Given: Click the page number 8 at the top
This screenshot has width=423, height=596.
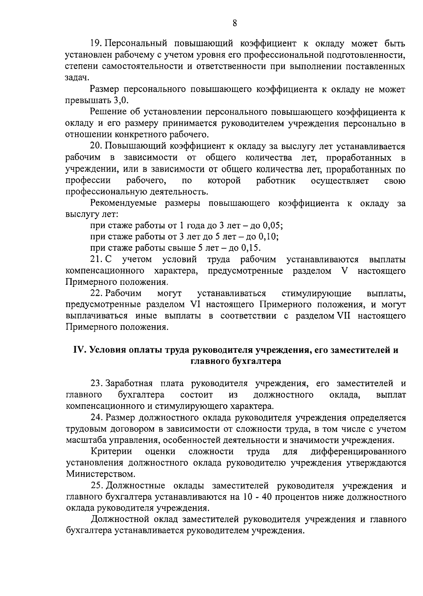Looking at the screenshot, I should [235, 23].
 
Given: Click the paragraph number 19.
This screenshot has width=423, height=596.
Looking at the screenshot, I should [96, 44].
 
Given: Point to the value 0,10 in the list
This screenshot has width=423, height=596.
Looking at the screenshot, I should [269, 236].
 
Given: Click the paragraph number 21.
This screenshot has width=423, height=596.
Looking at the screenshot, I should [96, 260].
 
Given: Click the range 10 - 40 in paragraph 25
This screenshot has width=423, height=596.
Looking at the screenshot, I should [260, 497].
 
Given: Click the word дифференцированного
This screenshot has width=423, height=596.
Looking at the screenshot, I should [358, 452].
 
